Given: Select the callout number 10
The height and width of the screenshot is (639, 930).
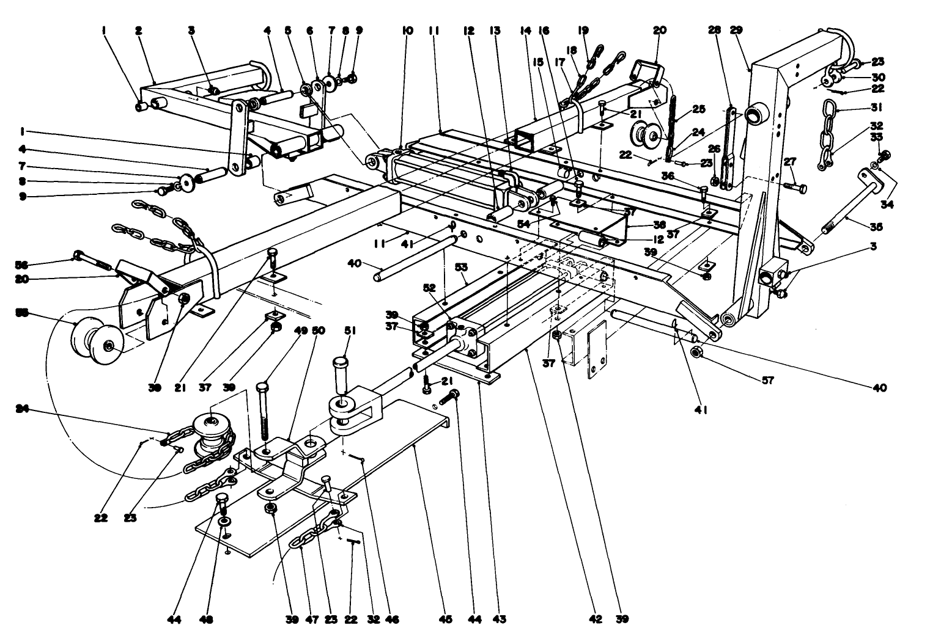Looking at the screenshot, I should point(407,30).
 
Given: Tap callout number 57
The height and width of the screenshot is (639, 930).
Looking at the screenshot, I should point(768,380).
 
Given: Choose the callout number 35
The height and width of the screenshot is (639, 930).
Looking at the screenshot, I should point(877,226).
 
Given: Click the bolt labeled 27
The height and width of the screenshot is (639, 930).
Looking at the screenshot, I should point(797,184).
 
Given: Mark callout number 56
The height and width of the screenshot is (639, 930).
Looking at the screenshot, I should point(23,265).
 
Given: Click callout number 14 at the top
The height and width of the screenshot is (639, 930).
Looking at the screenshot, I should point(525,30).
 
